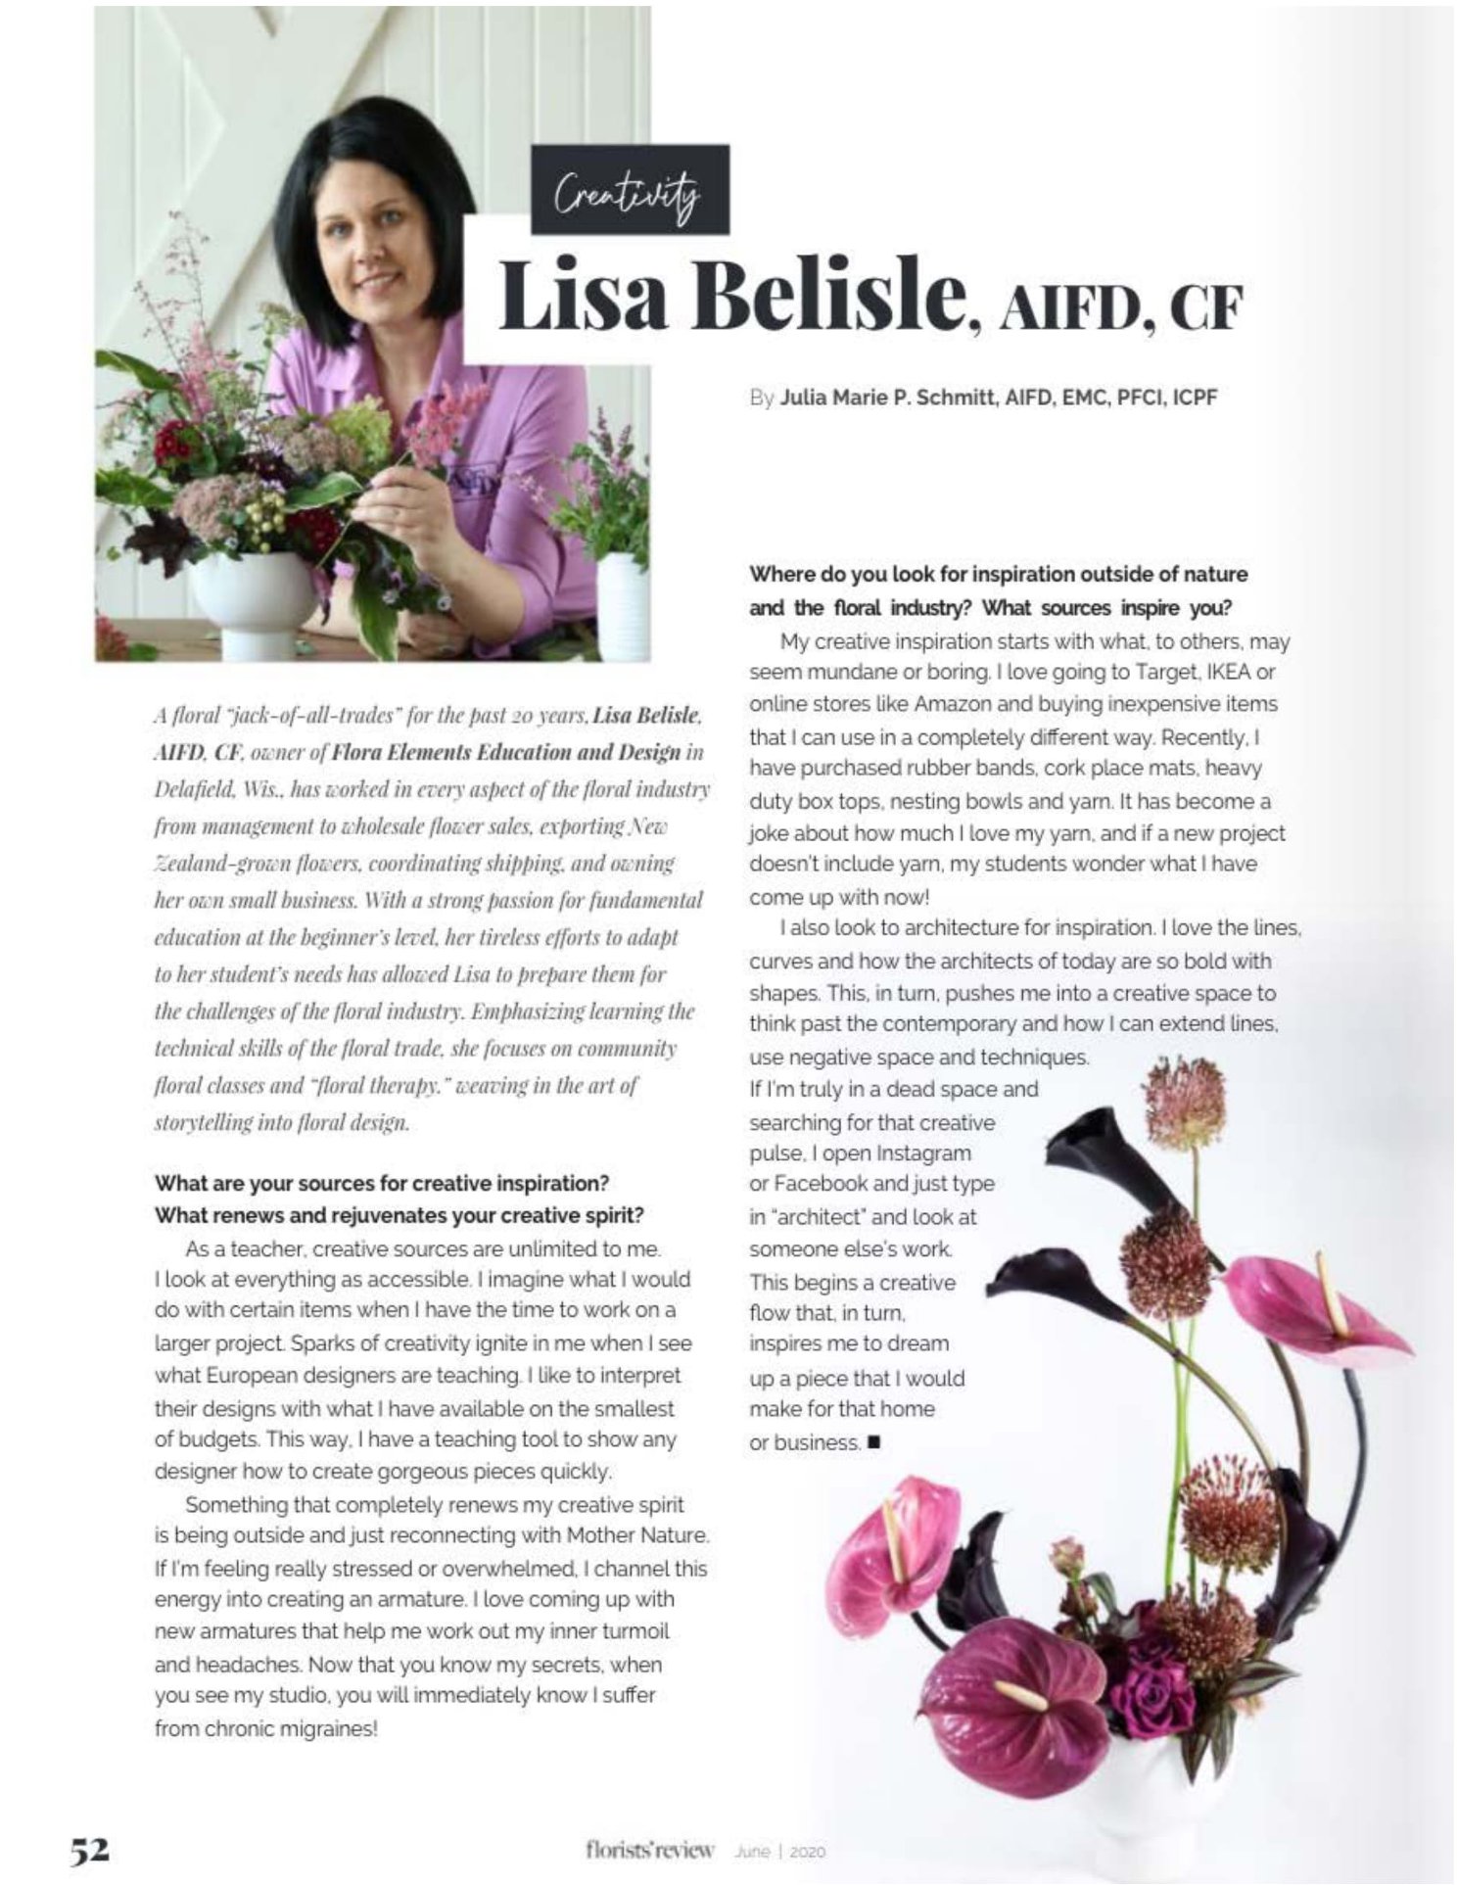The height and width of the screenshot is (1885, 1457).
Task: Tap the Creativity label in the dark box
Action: (629, 190)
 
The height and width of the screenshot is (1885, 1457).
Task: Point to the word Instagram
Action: (923, 1154)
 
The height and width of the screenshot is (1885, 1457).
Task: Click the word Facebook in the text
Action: (807, 1184)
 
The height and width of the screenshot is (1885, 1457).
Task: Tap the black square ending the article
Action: (874, 1441)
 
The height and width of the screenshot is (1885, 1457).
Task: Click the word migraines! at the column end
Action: (330, 1728)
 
